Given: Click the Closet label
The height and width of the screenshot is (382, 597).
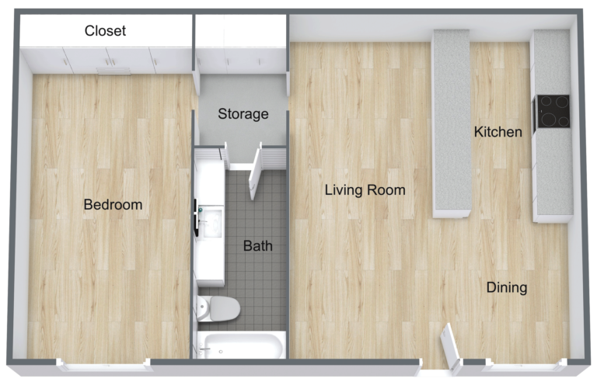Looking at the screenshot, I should point(105,31).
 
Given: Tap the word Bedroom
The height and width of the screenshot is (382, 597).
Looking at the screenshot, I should point(113,205).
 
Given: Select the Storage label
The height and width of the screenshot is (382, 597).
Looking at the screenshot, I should point(243,114).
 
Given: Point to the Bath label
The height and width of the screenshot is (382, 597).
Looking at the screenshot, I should point(257,246).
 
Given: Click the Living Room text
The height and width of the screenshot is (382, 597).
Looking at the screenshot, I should point(365,189).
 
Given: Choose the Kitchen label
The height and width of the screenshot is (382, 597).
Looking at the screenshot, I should point(497,132).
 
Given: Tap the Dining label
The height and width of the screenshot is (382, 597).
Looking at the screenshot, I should point(506,287).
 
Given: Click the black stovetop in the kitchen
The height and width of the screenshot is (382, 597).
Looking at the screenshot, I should point(553,112).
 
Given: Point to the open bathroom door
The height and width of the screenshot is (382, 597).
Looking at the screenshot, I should point(254,175).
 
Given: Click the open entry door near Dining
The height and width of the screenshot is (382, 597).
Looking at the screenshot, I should point(449,346).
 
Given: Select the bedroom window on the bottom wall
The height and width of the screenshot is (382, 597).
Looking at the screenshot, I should point(103,363).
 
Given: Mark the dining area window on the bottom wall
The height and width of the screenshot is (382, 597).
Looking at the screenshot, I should point(522,363).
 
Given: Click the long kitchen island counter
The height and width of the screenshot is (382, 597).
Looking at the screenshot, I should point(451,123).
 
